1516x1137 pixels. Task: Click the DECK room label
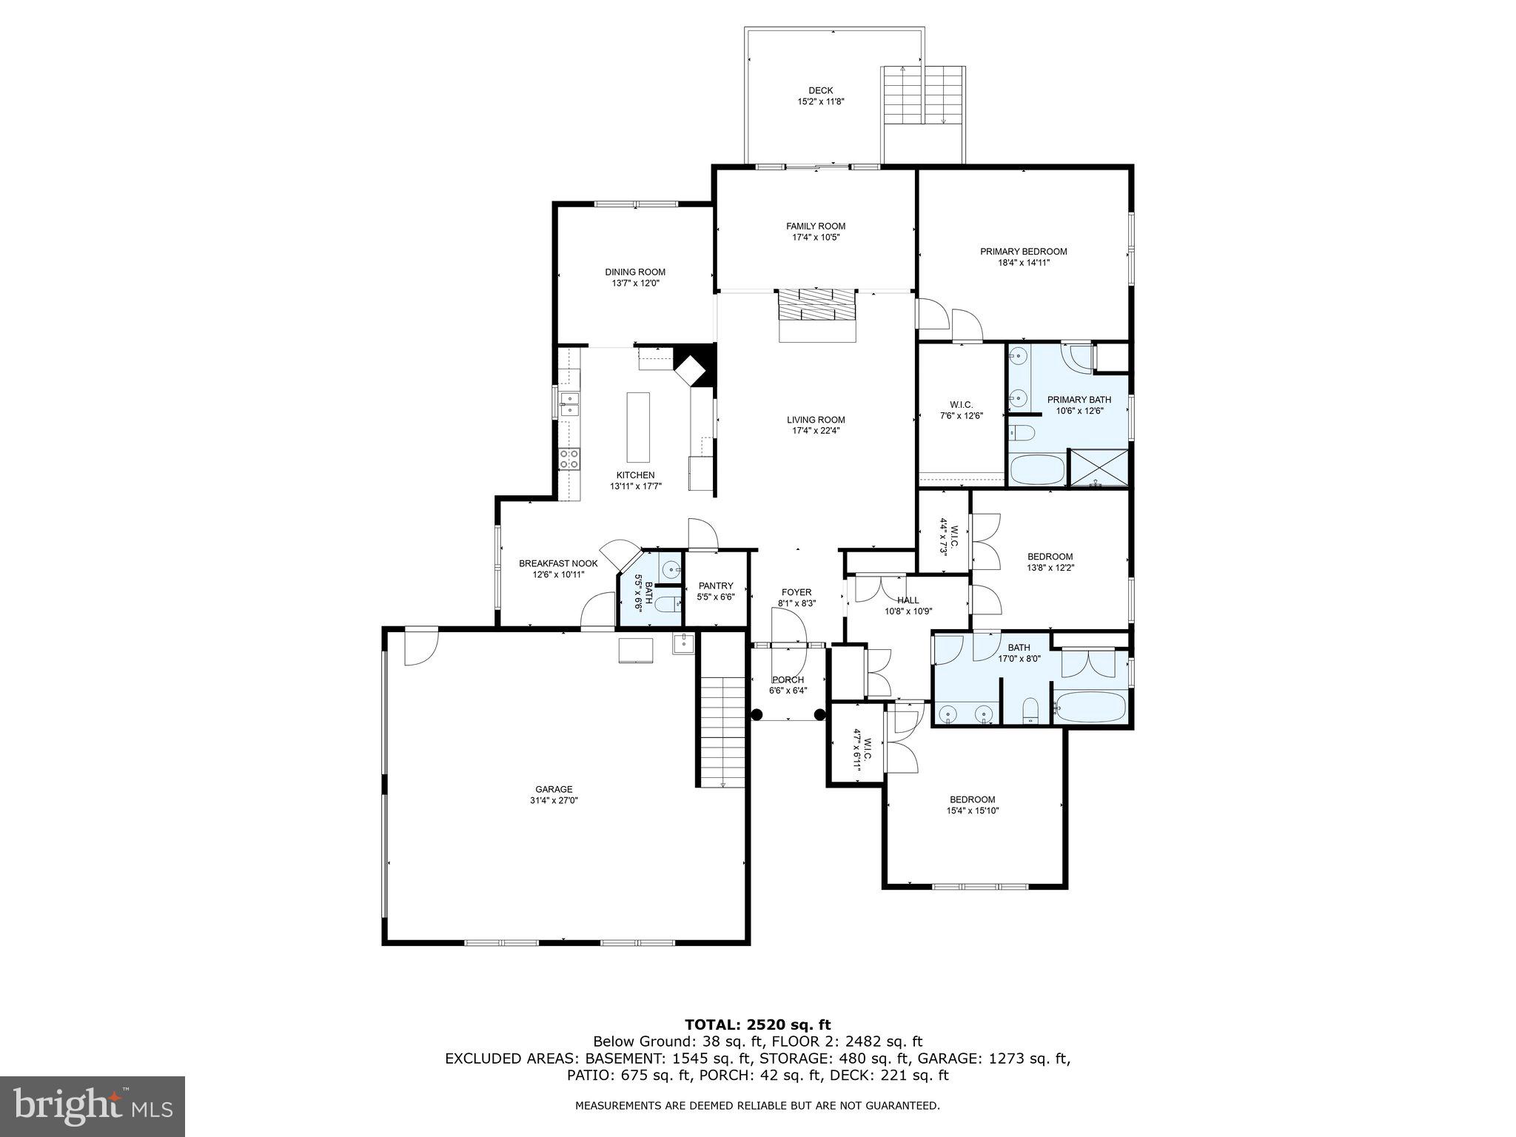tap(820, 91)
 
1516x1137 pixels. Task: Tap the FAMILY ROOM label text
tap(816, 227)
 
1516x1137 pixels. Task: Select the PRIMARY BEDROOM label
tap(1023, 252)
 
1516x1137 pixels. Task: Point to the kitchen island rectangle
tap(638, 427)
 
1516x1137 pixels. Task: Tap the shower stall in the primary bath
tap(1099, 468)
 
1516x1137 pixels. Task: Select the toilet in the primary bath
tap(1023, 432)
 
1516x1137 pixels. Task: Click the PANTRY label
tap(715, 586)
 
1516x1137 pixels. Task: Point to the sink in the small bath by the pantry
tap(671, 570)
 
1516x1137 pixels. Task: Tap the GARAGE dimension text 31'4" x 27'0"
tap(554, 800)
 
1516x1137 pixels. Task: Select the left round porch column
tap(757, 714)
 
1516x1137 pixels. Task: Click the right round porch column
tap(819, 714)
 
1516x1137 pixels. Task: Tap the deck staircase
tap(923, 95)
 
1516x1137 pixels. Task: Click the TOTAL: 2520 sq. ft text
tap(757, 1024)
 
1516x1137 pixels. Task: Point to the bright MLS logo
tap(93, 1107)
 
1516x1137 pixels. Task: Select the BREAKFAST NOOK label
tap(557, 563)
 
